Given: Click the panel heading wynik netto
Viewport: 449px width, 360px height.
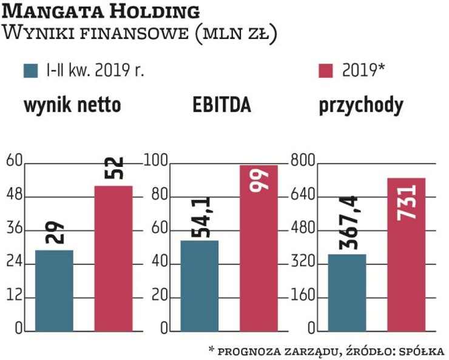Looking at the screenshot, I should [x=72, y=106].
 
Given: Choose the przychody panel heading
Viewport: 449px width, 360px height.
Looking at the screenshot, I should [x=361, y=106].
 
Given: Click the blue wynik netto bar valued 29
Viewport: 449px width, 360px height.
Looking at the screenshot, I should [x=54, y=291].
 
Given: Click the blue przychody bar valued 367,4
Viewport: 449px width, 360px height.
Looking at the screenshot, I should [x=347, y=293].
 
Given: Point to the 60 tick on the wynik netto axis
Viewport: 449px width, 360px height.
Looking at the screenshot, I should [x=13, y=161].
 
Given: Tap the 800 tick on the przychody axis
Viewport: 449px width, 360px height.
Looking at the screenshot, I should [x=303, y=161].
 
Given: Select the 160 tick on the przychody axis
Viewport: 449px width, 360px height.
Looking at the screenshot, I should [x=303, y=297].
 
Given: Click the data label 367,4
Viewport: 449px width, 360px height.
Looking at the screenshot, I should [x=346, y=223].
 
